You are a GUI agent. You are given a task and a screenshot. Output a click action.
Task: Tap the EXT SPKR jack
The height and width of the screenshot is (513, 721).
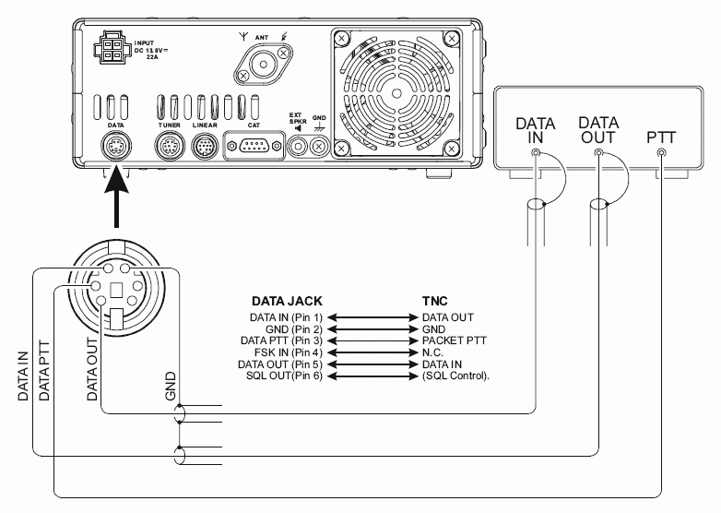coord(298,146)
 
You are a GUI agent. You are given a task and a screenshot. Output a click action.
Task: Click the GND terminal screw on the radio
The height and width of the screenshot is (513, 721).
coord(319,146)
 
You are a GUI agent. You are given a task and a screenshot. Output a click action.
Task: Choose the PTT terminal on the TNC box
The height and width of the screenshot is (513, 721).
coord(662,150)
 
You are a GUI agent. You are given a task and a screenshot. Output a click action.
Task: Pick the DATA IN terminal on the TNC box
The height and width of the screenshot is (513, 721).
coord(536,150)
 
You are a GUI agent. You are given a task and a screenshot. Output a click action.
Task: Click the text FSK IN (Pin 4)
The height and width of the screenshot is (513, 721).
coord(287,352)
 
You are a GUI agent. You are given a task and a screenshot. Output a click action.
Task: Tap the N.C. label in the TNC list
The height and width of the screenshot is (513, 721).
coord(432,352)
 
